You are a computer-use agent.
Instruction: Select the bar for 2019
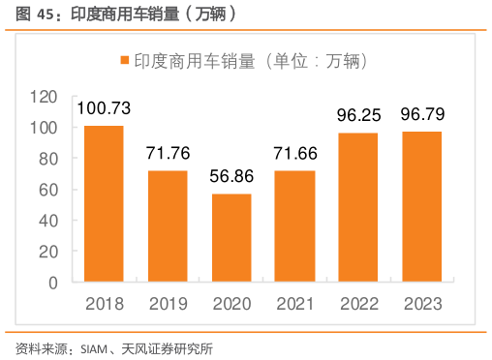[168, 227]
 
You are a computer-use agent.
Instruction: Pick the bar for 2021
[294, 227]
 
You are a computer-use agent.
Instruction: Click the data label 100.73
[104, 108]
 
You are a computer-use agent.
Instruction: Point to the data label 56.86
[231, 176]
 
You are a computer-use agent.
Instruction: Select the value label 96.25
[358, 115]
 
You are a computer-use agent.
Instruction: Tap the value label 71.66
[294, 153]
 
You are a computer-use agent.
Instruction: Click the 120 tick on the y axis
[46, 97]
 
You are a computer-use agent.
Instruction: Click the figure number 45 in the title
[45, 15]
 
